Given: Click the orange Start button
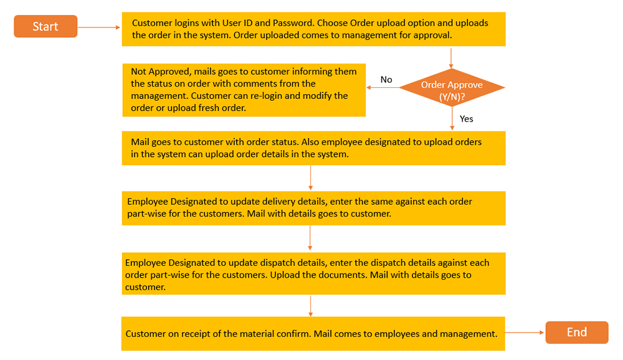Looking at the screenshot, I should coord(45,27).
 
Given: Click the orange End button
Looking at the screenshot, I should coord(576,333).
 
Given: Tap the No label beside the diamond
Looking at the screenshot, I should coord(386,80).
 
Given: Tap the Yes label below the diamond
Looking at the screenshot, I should coord(466,118).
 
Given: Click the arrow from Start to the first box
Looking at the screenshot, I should coord(99,27).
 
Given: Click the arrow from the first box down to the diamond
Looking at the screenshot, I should coord(451,57).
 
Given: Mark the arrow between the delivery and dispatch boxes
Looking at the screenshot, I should coord(310,239).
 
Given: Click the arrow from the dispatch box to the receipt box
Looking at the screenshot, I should coord(310,305).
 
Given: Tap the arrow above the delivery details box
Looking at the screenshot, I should coord(310,178).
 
